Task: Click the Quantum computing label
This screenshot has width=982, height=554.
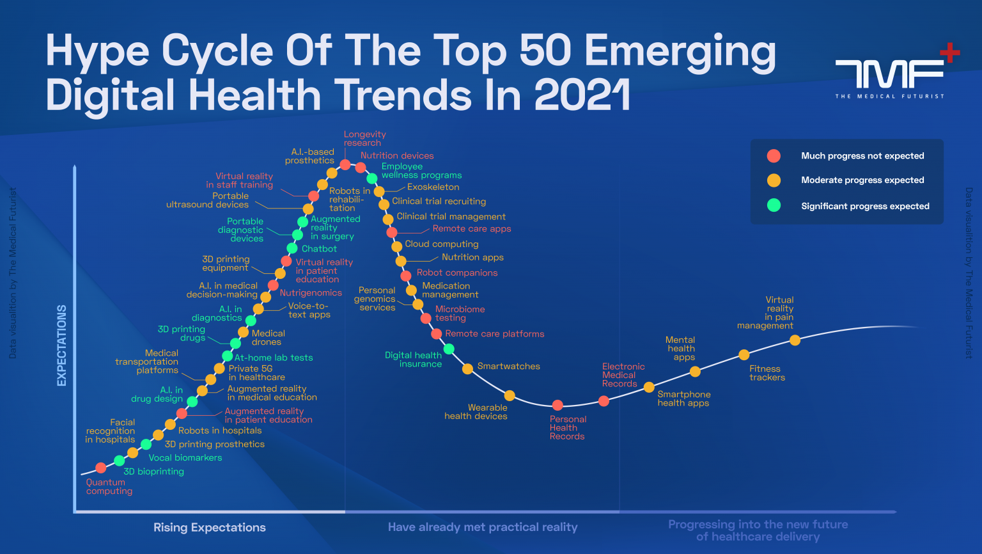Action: [109, 487]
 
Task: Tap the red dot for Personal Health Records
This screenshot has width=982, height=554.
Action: [557, 405]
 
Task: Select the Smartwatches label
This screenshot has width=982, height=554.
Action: [508, 367]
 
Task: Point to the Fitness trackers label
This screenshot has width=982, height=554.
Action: [767, 373]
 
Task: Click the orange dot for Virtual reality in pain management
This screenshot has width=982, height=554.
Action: [795, 340]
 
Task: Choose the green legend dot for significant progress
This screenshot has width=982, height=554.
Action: [774, 205]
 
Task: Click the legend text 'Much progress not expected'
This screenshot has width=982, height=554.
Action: [862, 156]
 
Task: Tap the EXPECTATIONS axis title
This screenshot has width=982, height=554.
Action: [62, 345]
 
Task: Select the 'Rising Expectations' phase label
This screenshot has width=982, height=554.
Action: [209, 528]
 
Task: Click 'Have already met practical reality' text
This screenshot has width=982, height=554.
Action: [483, 528]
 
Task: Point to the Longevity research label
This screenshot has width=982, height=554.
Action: [364, 139]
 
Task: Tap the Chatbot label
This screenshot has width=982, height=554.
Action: [319, 249]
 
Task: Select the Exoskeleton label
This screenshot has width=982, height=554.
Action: [433, 187]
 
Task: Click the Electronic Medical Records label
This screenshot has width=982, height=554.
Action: [623, 376]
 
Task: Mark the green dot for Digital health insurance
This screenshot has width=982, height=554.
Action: [449, 349]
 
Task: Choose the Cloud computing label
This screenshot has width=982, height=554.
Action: [441, 244]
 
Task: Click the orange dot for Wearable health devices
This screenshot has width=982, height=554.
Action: [510, 395]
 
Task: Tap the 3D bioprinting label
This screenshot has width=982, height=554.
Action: [153, 471]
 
